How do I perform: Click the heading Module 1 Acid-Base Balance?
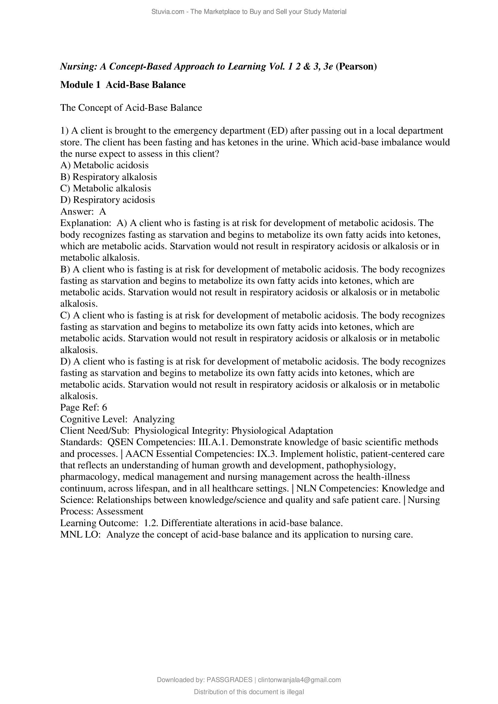point(123,85)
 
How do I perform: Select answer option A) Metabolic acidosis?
point(104,165)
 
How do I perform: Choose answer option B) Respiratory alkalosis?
point(109,177)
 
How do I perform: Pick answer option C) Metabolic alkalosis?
point(105,188)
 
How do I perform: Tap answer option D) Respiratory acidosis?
point(107,200)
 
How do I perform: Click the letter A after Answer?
point(102,212)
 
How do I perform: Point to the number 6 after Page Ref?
point(104,408)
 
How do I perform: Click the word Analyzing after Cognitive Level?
point(154,419)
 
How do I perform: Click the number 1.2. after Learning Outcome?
point(148,523)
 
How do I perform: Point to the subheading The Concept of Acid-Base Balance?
point(131,108)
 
